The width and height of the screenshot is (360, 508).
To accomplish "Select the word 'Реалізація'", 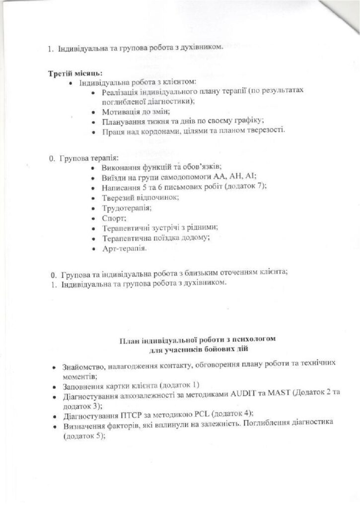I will point(119,92).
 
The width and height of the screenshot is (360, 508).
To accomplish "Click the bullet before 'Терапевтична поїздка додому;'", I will point(94,238).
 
